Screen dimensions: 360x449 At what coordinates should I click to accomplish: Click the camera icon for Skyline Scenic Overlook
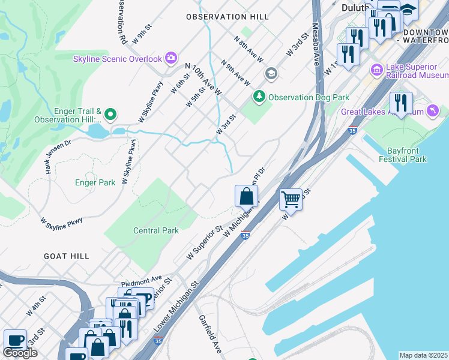pyautogui.click(x=171, y=59)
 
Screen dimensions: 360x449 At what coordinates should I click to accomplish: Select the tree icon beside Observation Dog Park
pyautogui.click(x=259, y=96)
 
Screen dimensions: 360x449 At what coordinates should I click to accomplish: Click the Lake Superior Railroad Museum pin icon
pyautogui.click(x=377, y=70)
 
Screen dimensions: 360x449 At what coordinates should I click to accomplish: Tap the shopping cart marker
pyautogui.click(x=291, y=199)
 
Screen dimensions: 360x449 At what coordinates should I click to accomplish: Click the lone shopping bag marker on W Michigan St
pyautogui.click(x=246, y=196)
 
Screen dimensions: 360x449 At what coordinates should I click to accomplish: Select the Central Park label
pyautogui.click(x=155, y=230)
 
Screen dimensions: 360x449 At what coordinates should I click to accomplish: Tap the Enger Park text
pyautogui.click(x=95, y=182)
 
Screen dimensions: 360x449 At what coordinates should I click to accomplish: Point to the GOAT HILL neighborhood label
pyautogui.click(x=67, y=256)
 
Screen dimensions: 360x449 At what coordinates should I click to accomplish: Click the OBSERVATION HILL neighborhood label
pyautogui.click(x=228, y=17)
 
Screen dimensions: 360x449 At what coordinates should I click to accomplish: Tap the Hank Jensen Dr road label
pyautogui.click(x=58, y=156)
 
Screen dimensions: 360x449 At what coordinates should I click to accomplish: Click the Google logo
pyautogui.click(x=20, y=352)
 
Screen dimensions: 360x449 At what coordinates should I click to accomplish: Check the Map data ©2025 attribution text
pyautogui.click(x=424, y=355)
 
